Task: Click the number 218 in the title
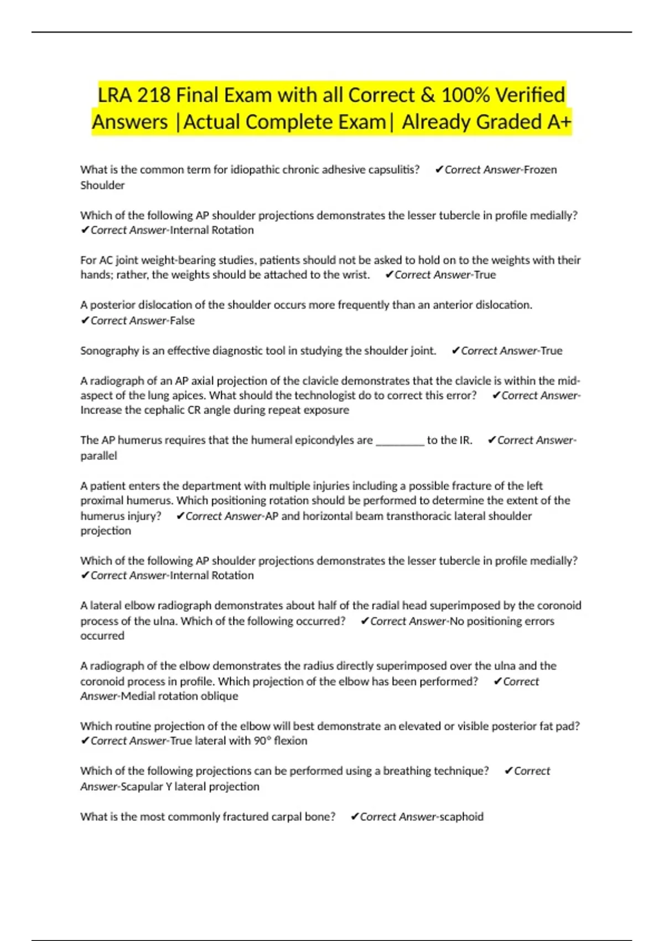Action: pyautogui.click(x=153, y=95)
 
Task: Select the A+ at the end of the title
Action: pyautogui.click(x=558, y=122)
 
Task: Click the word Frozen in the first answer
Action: pyautogui.click(x=540, y=170)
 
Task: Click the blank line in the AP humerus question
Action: pyautogui.click(x=400, y=441)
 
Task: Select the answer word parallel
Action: pyautogui.click(x=98, y=456)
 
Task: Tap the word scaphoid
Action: pyautogui.click(x=461, y=817)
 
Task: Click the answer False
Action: pyautogui.click(x=182, y=320)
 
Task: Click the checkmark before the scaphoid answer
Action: pyautogui.click(x=355, y=817)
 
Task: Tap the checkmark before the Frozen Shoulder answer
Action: pyautogui.click(x=439, y=170)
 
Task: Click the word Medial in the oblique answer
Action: pyautogui.click(x=138, y=696)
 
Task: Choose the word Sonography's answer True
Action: pyautogui.click(x=551, y=351)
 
